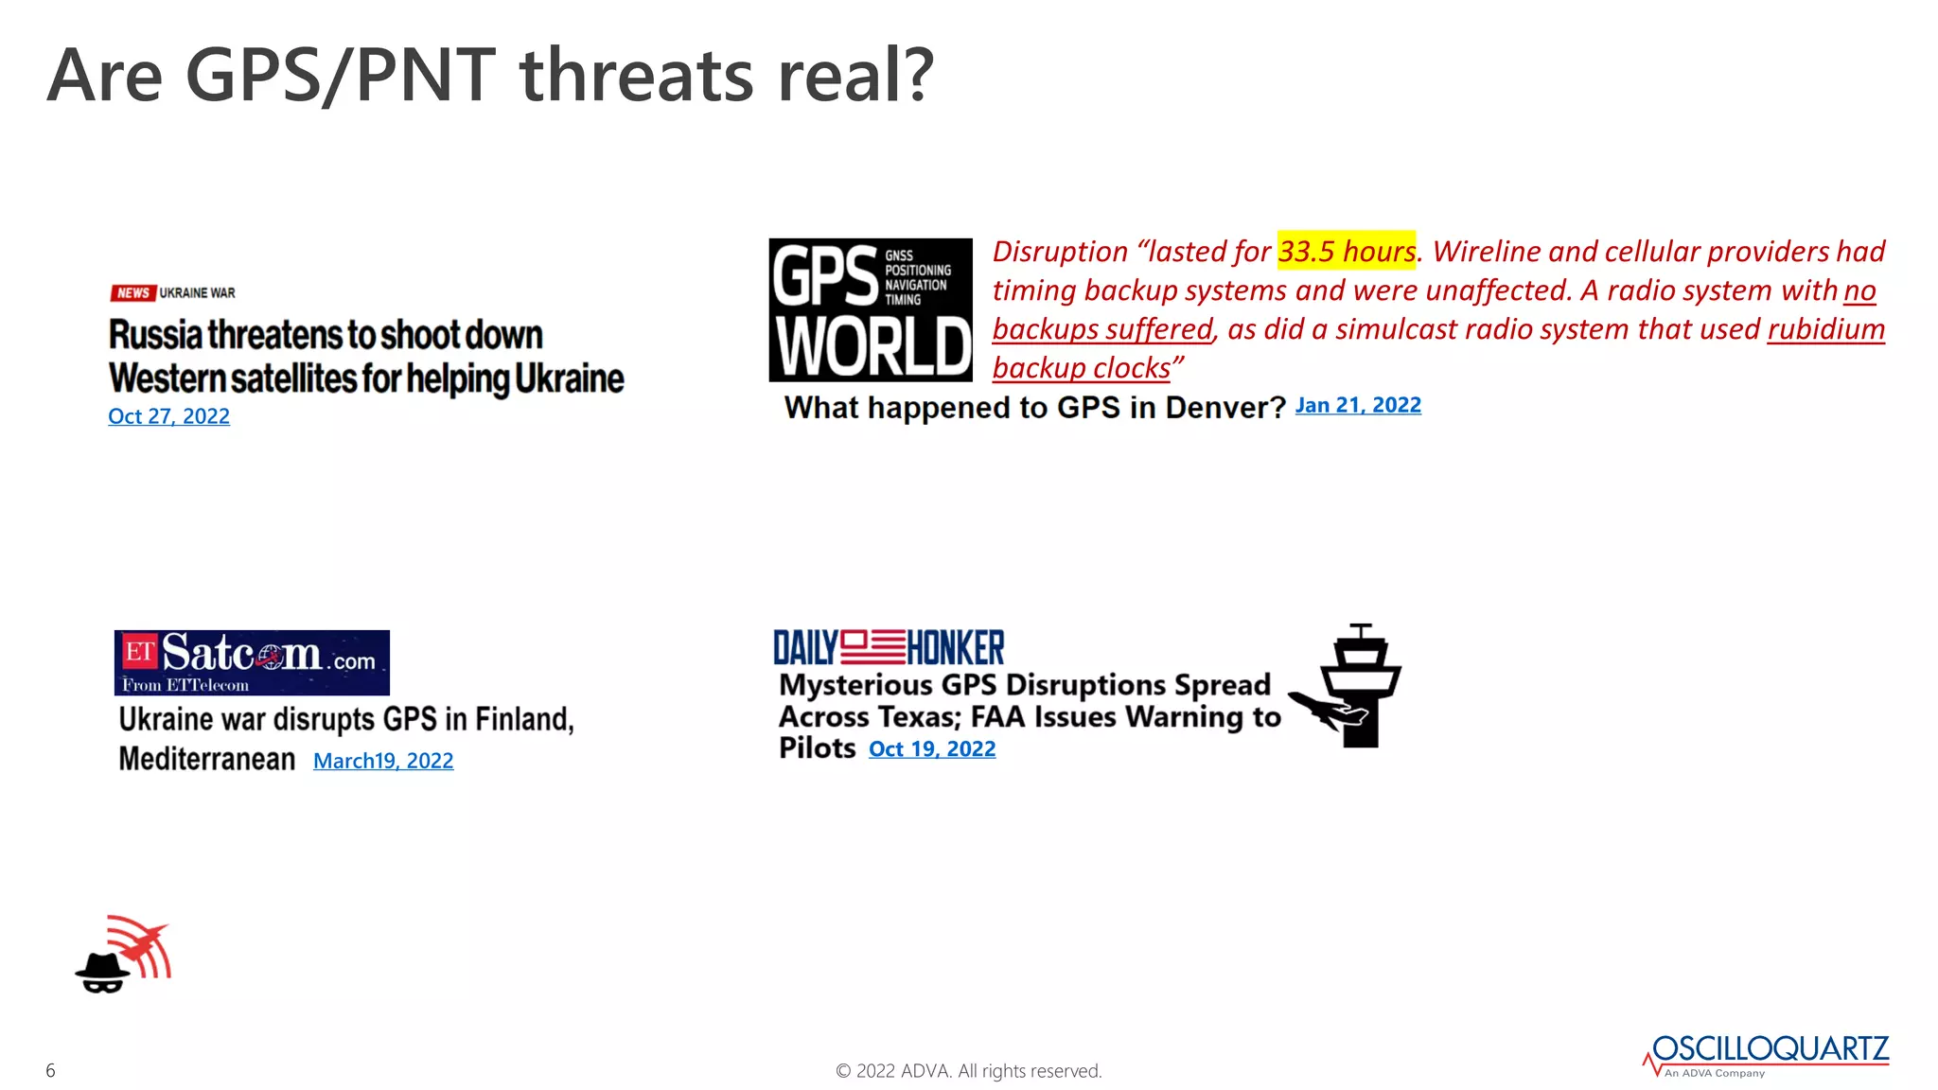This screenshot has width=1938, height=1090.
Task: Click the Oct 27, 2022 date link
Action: pos(168,416)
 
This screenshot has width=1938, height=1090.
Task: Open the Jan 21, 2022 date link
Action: pos(1357,405)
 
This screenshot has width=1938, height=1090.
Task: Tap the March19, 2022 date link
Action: pos(383,761)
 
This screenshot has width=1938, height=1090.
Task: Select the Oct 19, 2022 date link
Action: pos(932,749)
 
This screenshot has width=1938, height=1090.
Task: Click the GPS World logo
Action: pos(871,310)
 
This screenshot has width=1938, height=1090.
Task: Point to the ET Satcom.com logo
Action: pos(252,662)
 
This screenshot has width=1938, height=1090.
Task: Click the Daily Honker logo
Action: pos(889,648)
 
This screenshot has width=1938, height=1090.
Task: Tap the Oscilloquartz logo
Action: pos(1767,1054)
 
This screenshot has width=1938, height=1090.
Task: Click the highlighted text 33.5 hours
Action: pos(1347,252)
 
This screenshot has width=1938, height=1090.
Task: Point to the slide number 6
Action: pos(51,1070)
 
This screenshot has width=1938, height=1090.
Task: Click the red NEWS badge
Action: pos(133,293)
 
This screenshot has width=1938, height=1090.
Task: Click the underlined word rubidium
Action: pos(1825,329)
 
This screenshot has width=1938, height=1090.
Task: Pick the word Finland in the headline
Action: pos(524,719)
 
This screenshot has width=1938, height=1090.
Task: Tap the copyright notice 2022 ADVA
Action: pos(968,1071)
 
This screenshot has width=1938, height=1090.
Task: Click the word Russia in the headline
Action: pos(155,335)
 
